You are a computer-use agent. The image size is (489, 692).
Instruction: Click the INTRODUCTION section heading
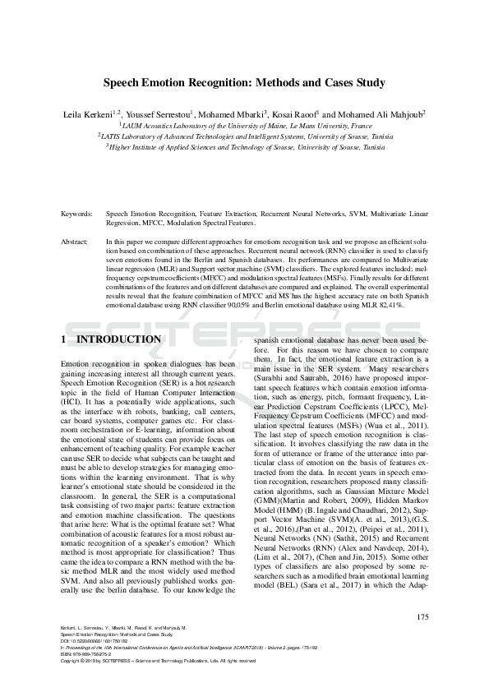(118, 339)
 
